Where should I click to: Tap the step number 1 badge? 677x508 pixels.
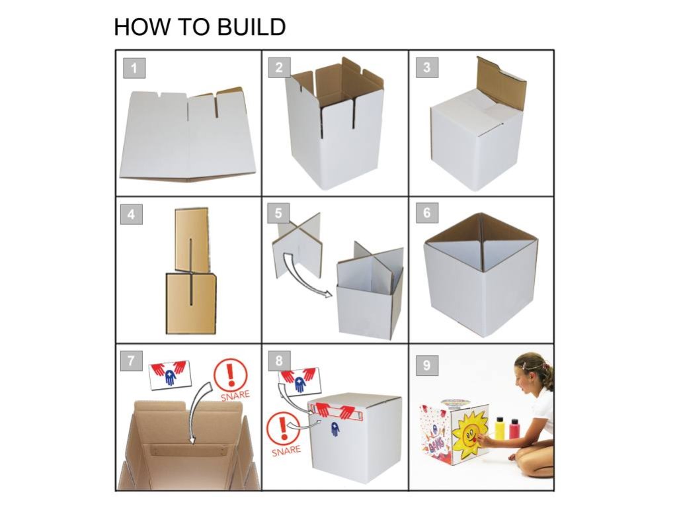coord(134,67)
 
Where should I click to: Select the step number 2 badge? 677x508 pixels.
coord(280,67)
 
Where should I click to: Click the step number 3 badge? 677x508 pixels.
coord(427,67)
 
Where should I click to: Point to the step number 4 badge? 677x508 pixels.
coord(132,214)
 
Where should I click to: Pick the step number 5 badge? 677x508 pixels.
coord(279,214)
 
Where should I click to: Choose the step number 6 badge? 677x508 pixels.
coord(427,214)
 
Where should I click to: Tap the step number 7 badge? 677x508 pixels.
coord(132,361)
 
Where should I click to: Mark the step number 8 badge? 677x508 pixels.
coord(280,361)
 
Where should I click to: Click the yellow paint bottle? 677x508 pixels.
coord(500,429)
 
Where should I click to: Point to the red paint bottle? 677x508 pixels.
coord(514,429)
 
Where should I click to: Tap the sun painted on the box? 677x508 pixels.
coord(470,433)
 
